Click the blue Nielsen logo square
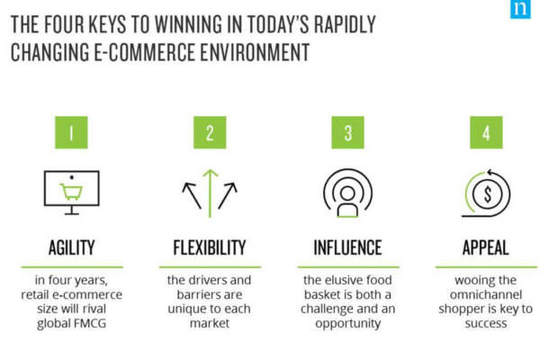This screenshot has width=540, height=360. [520, 9]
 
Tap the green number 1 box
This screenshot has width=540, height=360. [71, 132]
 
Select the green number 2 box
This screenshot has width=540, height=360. [210, 132]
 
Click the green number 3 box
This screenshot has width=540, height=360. [347, 132]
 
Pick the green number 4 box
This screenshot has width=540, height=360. [486, 132]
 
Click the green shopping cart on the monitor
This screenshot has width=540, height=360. [72, 192]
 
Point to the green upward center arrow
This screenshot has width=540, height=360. [210, 193]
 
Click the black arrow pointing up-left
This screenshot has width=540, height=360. [192, 195]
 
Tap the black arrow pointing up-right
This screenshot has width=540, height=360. [228, 195]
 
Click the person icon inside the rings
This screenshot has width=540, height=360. [347, 202]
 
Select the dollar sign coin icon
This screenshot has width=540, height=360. [487, 194]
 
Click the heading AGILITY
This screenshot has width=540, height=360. [72, 247]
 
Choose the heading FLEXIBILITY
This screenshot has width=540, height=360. [210, 247]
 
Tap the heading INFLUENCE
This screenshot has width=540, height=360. [347, 247]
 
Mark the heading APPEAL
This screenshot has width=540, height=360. [486, 247]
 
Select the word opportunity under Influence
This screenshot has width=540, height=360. [347, 324]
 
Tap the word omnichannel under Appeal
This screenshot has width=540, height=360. [486, 295]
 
